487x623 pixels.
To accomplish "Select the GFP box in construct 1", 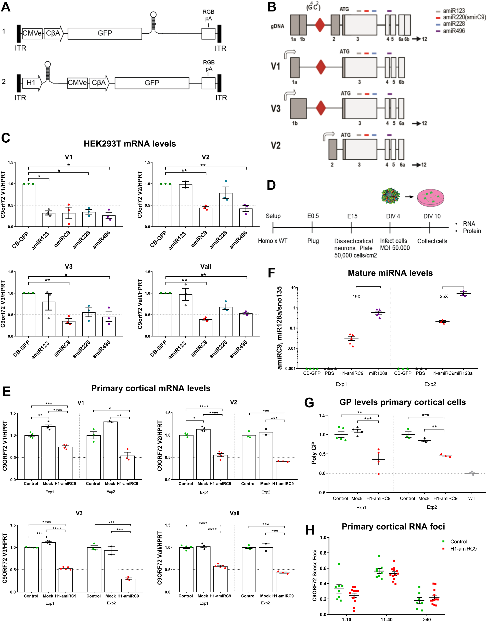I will [x=105, y=33].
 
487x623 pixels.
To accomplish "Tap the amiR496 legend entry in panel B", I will [x=454, y=31].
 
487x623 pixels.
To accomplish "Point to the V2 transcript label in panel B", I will [x=276, y=145].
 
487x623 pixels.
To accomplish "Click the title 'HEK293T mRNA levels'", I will [x=130, y=143].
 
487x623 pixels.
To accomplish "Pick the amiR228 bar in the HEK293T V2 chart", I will [x=226, y=210].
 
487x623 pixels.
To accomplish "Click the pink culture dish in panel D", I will [x=430, y=197].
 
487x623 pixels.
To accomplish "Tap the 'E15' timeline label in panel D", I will [x=352, y=216].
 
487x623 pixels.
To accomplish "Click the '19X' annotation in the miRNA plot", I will [x=356, y=297].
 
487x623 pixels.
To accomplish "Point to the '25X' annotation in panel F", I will [x=444, y=296].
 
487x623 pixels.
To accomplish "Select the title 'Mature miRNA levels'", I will [x=390, y=273].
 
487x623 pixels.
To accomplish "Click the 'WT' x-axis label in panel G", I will [x=472, y=498].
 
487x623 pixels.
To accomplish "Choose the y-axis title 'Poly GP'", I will [x=314, y=453].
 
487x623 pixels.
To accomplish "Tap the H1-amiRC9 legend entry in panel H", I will [x=463, y=549].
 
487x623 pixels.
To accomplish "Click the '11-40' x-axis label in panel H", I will [x=387, y=619].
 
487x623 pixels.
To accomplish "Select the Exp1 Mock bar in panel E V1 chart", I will [x=48, y=453].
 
